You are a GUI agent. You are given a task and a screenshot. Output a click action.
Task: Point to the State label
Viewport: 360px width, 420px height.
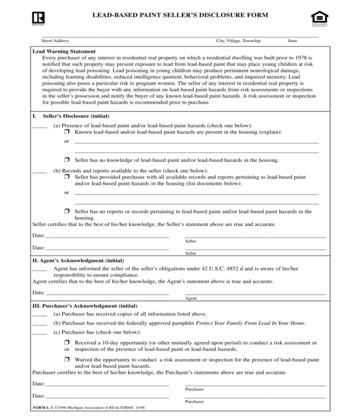[293, 41]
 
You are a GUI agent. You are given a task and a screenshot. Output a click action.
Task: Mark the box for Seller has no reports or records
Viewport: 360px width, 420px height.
[67, 212]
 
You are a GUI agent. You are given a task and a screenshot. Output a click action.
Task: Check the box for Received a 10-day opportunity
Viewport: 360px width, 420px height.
[67, 343]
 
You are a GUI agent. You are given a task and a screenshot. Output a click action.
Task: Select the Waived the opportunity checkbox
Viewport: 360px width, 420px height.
[67, 359]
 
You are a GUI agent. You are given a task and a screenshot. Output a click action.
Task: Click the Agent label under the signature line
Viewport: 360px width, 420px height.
[191, 298]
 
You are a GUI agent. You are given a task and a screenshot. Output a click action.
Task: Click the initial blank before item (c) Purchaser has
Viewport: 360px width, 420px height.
[40, 332]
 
